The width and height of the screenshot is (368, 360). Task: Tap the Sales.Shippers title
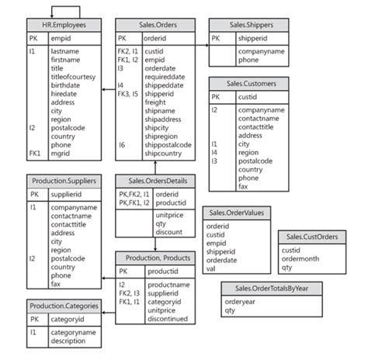[x=245, y=25]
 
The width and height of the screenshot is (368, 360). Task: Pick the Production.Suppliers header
[x=64, y=181]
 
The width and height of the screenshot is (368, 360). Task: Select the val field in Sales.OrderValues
[x=210, y=269]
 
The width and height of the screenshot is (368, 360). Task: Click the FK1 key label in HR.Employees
[x=33, y=154]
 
